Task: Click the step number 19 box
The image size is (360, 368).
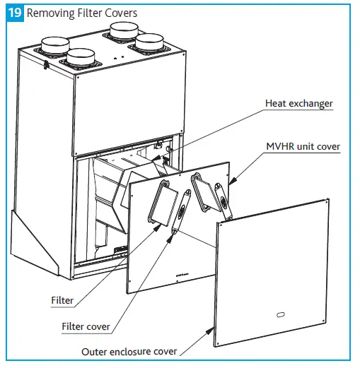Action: coord(14,12)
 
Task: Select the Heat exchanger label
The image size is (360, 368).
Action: coord(298,104)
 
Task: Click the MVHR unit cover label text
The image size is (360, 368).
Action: coord(303,147)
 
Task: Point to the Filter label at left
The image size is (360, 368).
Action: coord(62,301)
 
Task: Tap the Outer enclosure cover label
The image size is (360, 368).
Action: coord(129,351)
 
